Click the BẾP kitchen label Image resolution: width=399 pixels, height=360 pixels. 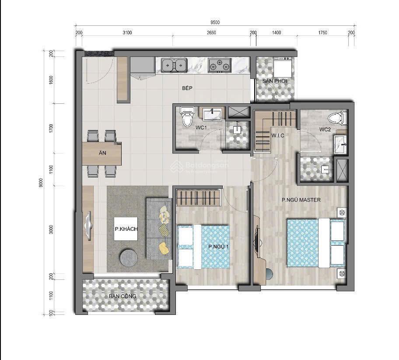(188, 88)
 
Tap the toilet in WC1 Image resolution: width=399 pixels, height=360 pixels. (187, 117)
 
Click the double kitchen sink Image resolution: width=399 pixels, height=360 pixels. (174, 65)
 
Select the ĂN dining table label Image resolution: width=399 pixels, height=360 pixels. (102, 153)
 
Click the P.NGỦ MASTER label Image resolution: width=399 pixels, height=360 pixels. (301, 200)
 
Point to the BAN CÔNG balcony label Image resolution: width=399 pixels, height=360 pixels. (123, 296)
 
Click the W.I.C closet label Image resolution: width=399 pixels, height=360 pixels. (277, 136)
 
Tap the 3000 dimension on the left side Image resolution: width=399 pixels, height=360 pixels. (51, 229)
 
